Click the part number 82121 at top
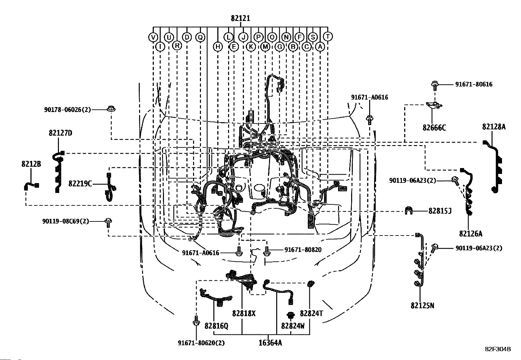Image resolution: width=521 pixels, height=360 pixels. (241, 18)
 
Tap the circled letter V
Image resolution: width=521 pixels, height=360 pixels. (153, 37)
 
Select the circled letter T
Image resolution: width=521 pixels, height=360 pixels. (328, 36)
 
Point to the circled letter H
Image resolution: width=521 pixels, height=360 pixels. (218, 47)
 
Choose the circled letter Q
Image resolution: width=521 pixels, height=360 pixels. (200, 37)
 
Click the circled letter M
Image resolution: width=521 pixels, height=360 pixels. (265, 47)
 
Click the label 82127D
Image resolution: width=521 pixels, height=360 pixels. (61, 133)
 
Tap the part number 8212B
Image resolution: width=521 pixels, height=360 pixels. (31, 164)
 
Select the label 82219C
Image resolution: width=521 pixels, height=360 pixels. (80, 184)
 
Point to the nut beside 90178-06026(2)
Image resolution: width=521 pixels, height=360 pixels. (111, 108)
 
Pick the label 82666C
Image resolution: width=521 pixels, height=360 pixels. (434, 128)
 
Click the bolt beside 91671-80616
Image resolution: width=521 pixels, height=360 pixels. (435, 85)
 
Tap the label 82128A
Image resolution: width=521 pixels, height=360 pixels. (494, 127)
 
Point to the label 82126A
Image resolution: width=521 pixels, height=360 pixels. (471, 234)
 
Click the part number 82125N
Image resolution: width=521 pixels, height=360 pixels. (422, 306)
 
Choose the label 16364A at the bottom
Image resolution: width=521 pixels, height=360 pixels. (270, 343)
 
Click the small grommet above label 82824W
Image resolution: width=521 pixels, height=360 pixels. (291, 315)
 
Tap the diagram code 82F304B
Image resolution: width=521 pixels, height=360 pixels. (498, 349)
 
